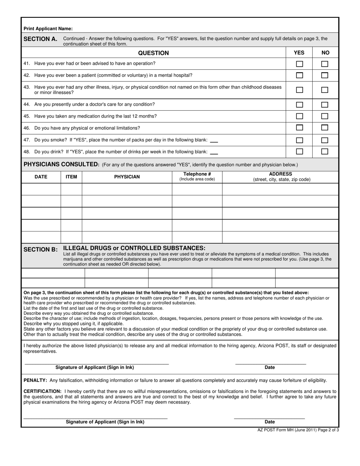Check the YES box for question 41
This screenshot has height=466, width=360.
pos(299,64)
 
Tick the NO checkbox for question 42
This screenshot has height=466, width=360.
pos(325,75)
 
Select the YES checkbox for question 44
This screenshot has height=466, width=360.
pos(299,105)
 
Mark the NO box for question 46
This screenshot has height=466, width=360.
pos(325,128)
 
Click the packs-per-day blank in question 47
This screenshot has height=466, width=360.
pos(214,141)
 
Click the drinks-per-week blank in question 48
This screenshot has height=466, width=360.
pos(214,153)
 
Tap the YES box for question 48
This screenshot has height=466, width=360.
pos(299,152)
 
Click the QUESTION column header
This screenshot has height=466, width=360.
pos(153,53)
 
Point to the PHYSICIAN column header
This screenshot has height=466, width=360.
pos(127,177)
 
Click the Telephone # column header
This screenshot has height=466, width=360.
pos(197,174)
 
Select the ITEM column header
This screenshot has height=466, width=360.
pos(71,177)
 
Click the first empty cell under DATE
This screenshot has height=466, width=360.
pos(41,189)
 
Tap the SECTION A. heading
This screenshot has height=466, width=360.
pos(41,39)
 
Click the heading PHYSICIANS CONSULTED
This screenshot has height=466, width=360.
pos(61,164)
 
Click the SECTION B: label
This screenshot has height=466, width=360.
pos(41,249)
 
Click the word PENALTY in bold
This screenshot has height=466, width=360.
pos(35,380)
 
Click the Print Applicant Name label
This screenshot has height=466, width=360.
pos(48,28)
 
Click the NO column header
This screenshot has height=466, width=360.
pos(325,53)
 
